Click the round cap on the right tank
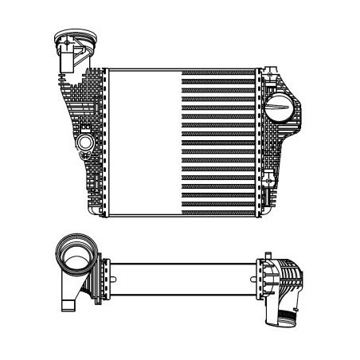[x=280, y=108]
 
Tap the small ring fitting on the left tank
[x=84, y=143]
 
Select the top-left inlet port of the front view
[x=69, y=40]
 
